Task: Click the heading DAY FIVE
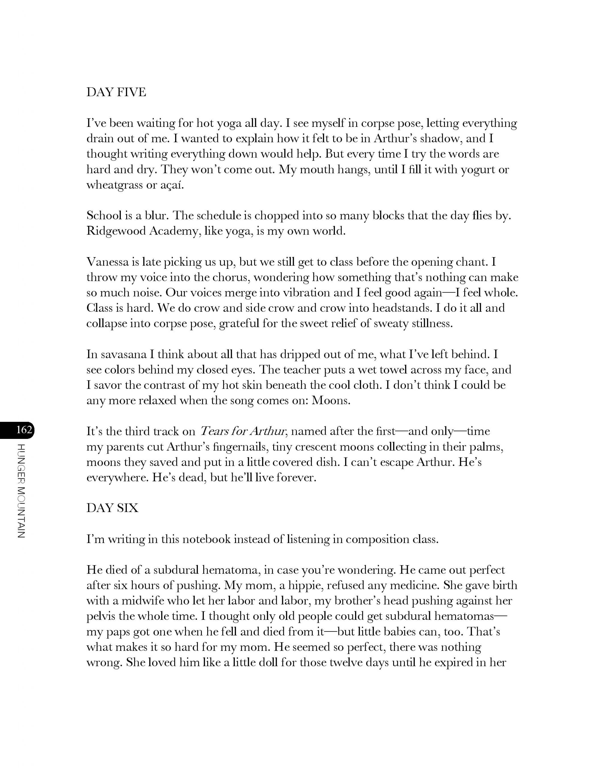[116, 92]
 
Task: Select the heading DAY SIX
[112, 508]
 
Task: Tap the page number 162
[24, 430]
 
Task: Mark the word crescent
[302, 447]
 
